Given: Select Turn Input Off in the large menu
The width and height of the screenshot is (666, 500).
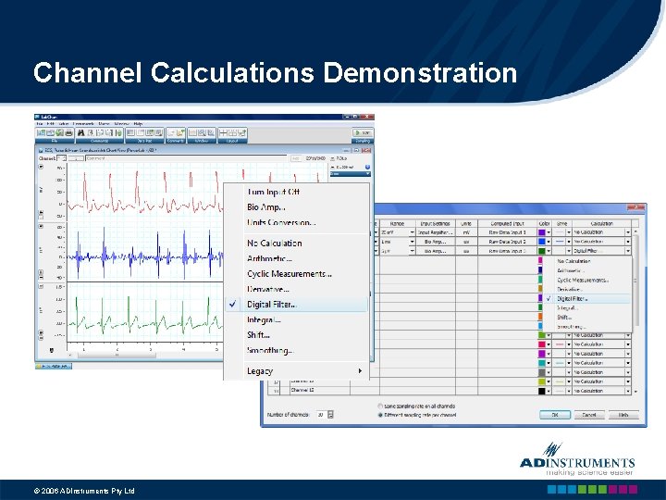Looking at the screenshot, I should pyautogui.click(x=273, y=192).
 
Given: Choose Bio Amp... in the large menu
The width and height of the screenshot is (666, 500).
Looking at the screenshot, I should pyautogui.click(x=266, y=207).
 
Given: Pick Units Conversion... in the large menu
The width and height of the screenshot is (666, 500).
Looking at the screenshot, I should pyautogui.click(x=281, y=222).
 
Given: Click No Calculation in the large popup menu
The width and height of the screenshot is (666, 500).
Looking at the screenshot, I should pyautogui.click(x=275, y=243).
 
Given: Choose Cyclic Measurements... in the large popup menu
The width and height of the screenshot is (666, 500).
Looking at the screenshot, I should pyautogui.click(x=290, y=274).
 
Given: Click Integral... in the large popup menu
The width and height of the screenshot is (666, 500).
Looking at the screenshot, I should pyautogui.click(x=264, y=319).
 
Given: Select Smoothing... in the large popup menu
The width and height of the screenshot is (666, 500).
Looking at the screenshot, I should pyautogui.click(x=269, y=350).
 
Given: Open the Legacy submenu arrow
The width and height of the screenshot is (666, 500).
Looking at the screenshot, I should pyautogui.click(x=360, y=371).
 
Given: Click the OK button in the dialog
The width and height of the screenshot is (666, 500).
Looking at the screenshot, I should pyautogui.click(x=555, y=415).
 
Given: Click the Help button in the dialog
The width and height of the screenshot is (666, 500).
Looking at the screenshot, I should pyautogui.click(x=623, y=415).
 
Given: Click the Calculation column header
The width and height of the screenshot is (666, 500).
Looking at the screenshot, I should pyautogui.click(x=602, y=222).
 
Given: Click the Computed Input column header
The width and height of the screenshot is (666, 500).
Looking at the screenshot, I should pyautogui.click(x=507, y=222).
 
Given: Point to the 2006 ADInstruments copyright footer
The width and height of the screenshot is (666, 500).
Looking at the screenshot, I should pyautogui.click(x=84, y=491).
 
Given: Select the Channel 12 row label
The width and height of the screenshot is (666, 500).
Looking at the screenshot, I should pyautogui.click(x=305, y=390).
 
